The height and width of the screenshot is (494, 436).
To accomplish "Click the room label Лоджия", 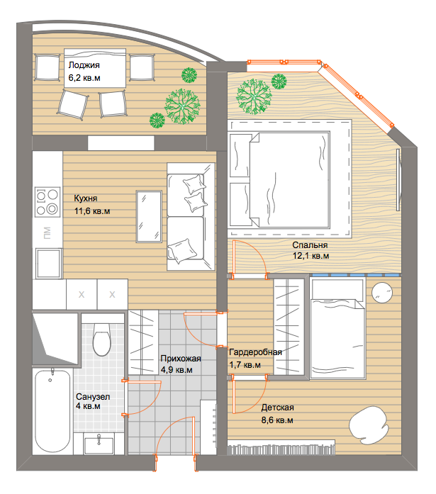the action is point(84,65).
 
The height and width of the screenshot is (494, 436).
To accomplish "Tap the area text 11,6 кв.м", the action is point(92,211).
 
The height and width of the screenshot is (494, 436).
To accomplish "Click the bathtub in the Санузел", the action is point(52,411).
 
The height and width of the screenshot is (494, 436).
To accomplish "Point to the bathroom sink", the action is point(99,444).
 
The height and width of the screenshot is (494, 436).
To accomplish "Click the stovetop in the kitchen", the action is point(47,201).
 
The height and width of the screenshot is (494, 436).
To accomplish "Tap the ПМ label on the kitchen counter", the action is point(47,232).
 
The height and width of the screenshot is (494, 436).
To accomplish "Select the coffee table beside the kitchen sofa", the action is point(149,216).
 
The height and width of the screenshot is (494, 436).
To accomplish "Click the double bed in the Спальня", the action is point(279,179).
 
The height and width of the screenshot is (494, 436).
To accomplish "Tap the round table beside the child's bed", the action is point(382,293).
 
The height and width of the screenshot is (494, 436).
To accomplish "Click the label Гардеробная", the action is point(255,352).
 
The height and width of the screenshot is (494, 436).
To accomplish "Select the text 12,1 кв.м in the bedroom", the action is point(311,256).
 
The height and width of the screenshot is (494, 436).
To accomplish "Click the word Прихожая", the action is point(181,359).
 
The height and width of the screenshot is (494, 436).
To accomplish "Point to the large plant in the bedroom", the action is point(254,96).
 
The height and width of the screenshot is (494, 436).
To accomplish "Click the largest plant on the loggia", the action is point(182,106).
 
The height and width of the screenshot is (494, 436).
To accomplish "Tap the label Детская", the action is point(277,408).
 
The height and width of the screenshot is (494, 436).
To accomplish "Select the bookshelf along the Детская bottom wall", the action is point(281,447).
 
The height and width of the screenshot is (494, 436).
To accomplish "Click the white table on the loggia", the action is point(95,68).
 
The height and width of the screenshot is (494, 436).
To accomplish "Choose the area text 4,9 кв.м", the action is point(177,370).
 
